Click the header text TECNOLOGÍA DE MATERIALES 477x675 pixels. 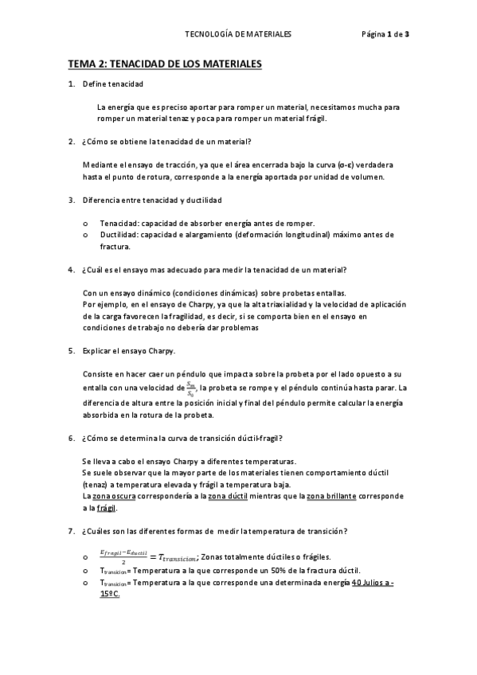(237, 35)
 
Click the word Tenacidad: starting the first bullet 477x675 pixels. (120, 223)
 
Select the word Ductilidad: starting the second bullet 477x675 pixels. (121, 235)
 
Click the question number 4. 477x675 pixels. (72, 270)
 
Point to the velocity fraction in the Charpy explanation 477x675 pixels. (190, 389)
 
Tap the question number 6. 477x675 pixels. (72, 439)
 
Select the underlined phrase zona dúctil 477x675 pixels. (227, 496)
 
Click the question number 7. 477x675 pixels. (72, 532)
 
